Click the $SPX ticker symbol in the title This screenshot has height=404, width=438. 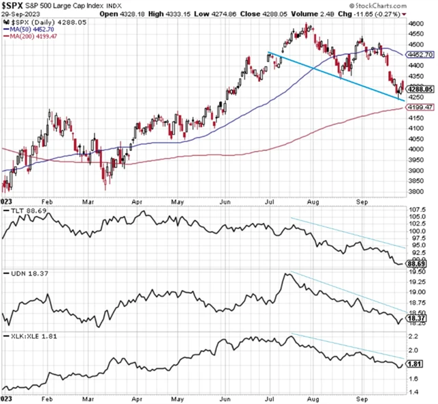(14, 5)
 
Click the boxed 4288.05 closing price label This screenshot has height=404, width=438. (420, 89)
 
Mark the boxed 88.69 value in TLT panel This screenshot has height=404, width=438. (418, 262)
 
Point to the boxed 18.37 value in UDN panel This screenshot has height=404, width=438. (418, 318)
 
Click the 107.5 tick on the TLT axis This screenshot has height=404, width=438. (416, 210)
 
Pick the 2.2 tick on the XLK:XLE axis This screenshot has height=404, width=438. (413, 337)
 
